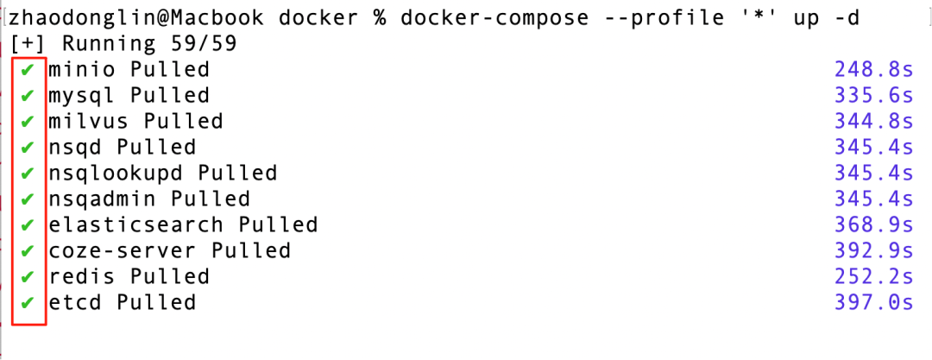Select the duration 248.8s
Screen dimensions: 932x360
873,70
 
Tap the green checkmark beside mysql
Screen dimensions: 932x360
27,96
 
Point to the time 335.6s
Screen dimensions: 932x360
873,95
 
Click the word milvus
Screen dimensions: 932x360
89,122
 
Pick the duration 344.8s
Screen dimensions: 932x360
873,122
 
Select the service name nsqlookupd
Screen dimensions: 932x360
116,174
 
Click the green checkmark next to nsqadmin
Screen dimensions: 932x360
27,199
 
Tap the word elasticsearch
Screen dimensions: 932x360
136,225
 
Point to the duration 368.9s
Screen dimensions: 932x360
873,225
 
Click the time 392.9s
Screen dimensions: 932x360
873,250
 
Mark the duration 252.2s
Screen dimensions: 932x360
873,277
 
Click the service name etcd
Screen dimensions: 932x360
75,302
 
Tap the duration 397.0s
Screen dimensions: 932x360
873,302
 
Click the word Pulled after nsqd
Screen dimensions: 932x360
156,147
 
